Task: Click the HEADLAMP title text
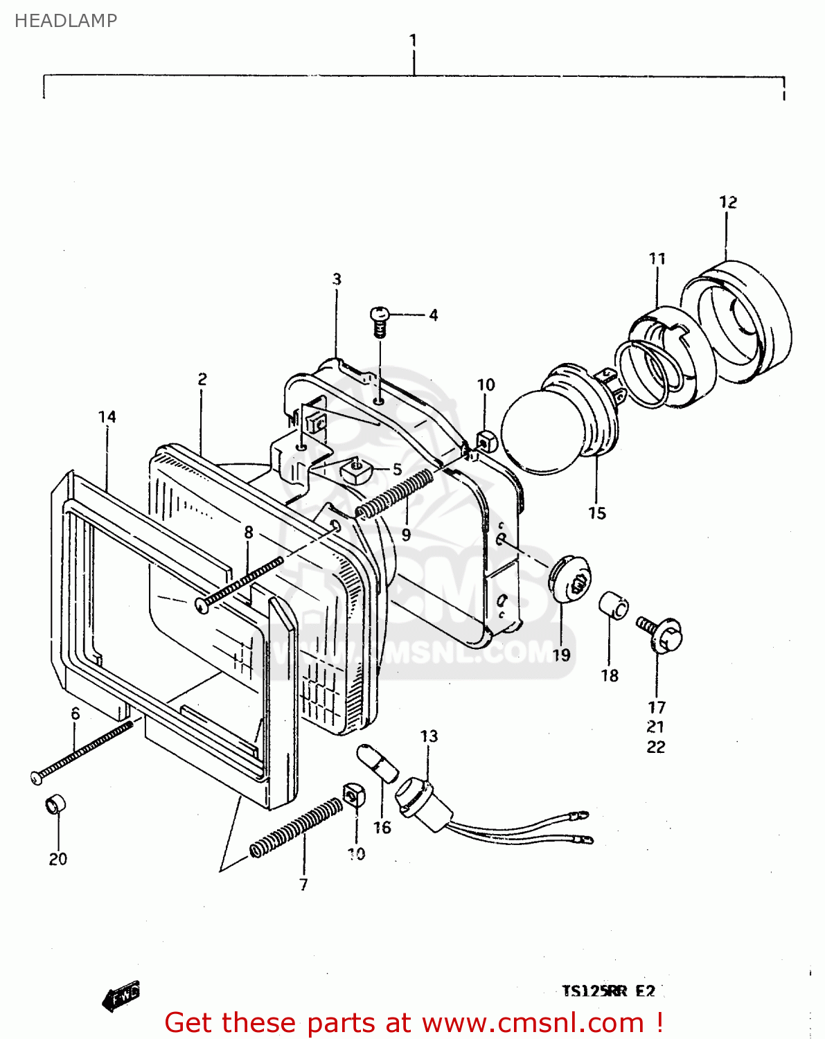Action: click(66, 21)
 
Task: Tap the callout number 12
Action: click(727, 202)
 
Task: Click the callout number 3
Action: click(337, 279)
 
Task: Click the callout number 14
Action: click(107, 417)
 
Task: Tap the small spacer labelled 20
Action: click(55, 806)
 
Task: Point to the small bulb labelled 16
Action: click(378, 765)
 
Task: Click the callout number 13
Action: click(429, 736)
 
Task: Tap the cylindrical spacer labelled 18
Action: click(613, 605)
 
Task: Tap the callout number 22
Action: click(655, 747)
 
